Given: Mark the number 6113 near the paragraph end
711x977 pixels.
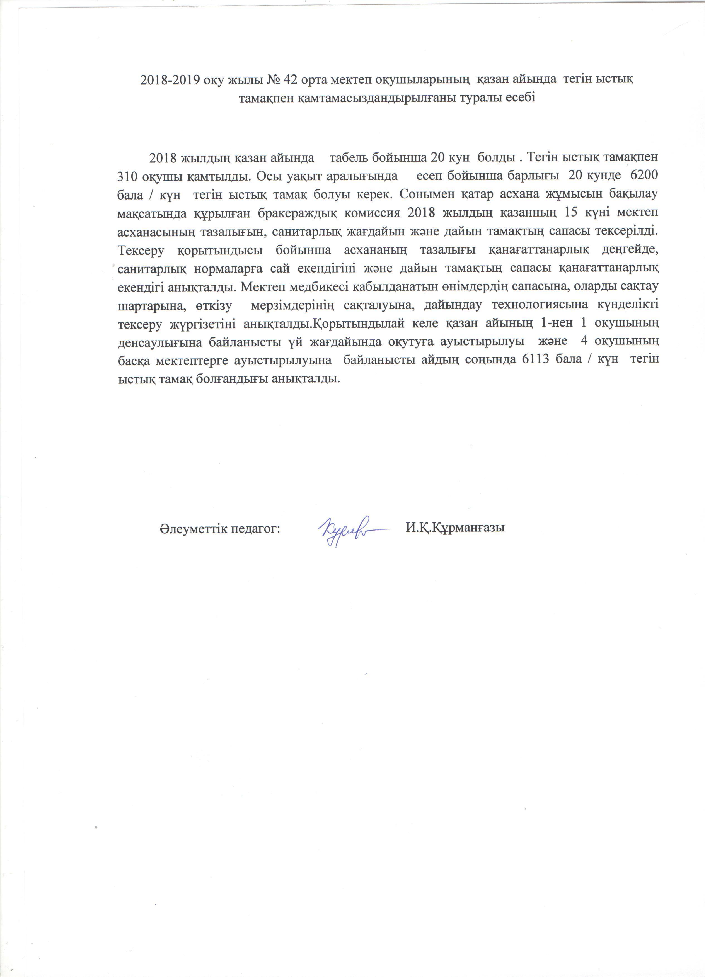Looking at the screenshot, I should pyautogui.click(x=535, y=360).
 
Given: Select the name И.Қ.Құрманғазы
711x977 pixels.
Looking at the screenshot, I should pyautogui.click(x=455, y=529).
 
